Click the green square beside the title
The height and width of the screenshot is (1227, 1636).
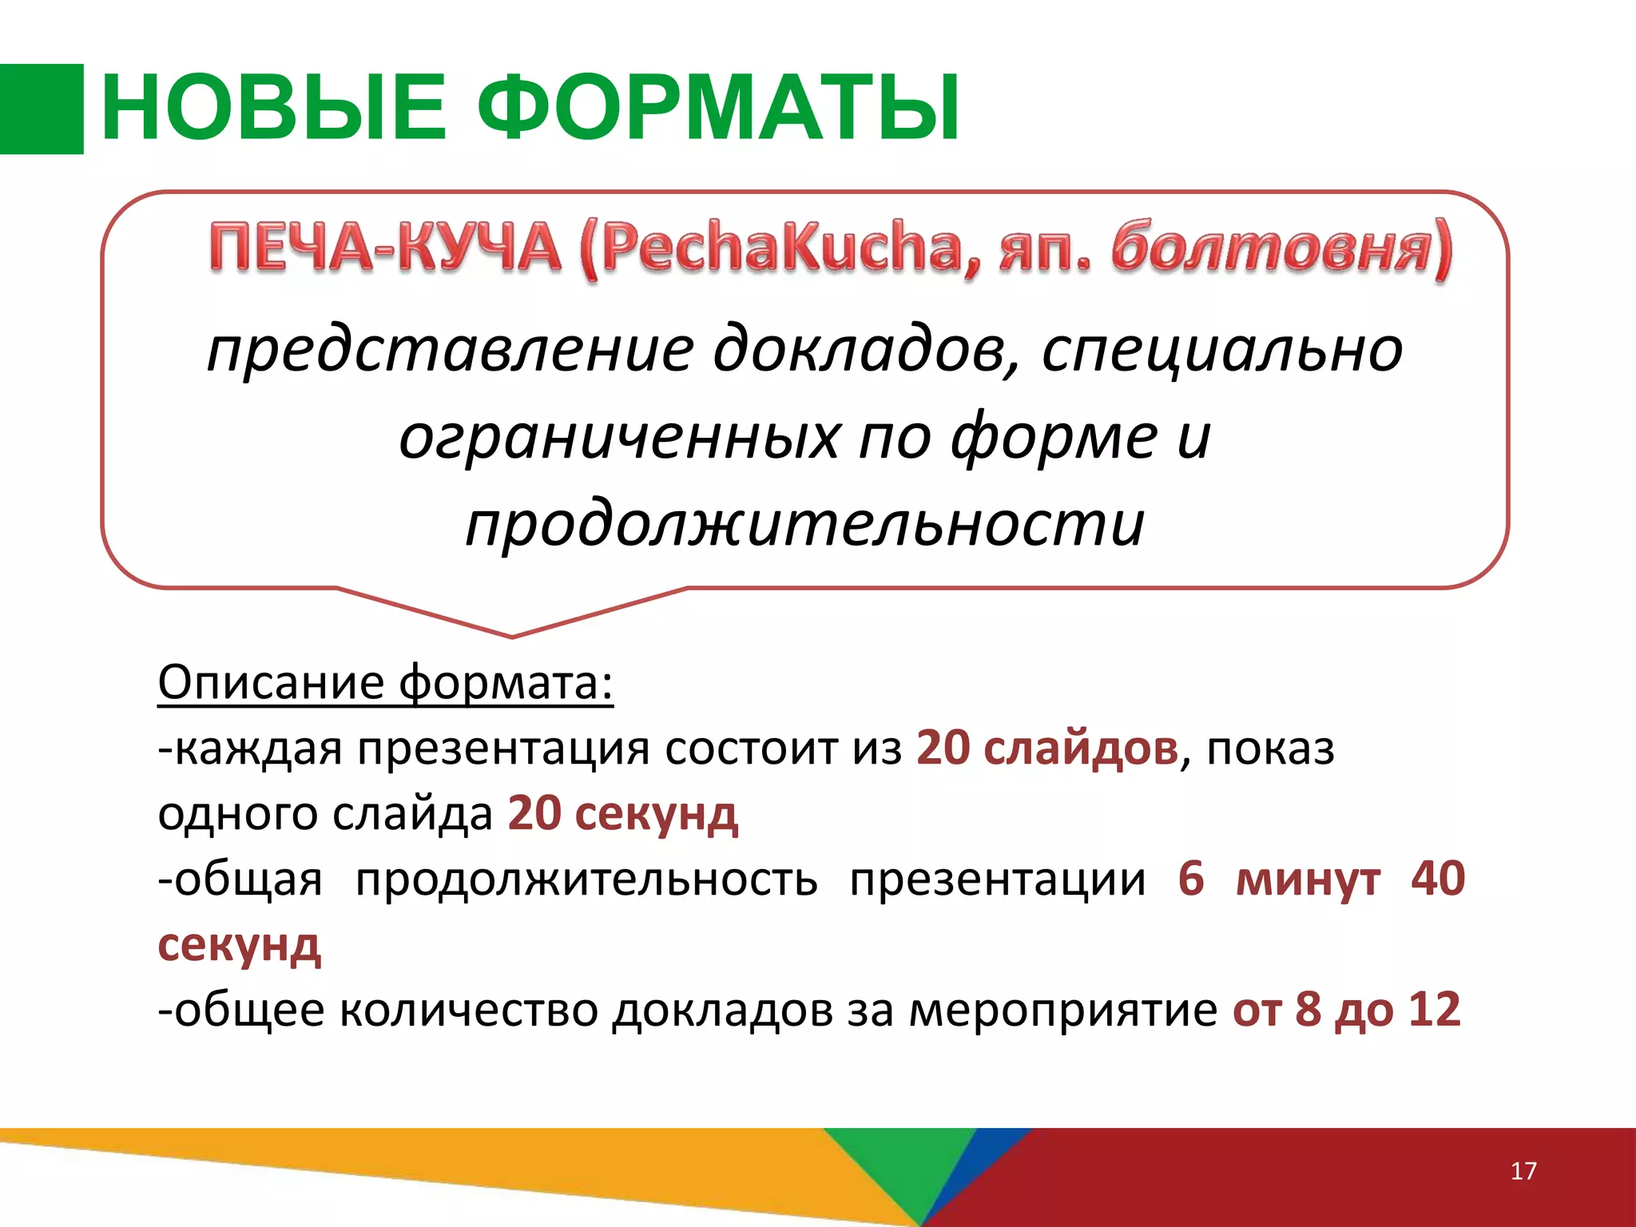click(x=42, y=109)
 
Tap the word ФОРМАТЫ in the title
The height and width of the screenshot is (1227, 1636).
click(x=719, y=109)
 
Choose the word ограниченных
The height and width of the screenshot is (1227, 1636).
click(x=619, y=438)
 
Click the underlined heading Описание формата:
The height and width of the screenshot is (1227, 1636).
click(x=385, y=684)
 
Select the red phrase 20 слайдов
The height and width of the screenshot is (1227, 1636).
click(x=1046, y=749)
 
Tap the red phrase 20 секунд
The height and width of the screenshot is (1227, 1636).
click(x=623, y=814)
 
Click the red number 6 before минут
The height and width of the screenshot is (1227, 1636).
click(x=1190, y=879)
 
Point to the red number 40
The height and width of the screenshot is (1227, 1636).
click(x=1438, y=879)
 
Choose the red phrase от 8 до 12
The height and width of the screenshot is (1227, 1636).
click(x=1346, y=1009)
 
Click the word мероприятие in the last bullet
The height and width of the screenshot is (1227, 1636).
click(x=1062, y=1011)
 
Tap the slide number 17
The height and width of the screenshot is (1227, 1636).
click(x=1523, y=1171)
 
